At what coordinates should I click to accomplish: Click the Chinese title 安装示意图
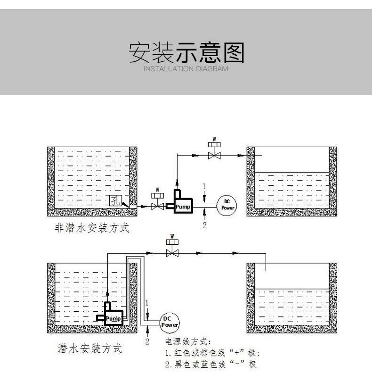click(186, 52)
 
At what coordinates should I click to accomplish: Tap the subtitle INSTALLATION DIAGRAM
click(186, 69)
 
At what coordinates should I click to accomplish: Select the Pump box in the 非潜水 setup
click(182, 206)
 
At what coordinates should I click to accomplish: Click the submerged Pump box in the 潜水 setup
click(113, 318)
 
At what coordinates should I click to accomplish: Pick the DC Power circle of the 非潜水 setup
click(226, 204)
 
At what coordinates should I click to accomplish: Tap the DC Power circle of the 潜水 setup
click(170, 322)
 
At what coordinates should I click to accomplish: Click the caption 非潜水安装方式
click(92, 229)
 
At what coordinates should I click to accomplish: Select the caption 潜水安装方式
click(89, 349)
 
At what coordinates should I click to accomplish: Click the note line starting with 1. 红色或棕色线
click(212, 353)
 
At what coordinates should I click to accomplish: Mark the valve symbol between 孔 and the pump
click(157, 204)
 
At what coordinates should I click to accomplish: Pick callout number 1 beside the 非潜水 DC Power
click(204, 186)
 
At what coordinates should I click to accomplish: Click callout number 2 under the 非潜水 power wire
click(204, 225)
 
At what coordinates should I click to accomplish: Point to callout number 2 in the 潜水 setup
click(147, 341)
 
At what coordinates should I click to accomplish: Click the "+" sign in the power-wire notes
click(235, 353)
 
